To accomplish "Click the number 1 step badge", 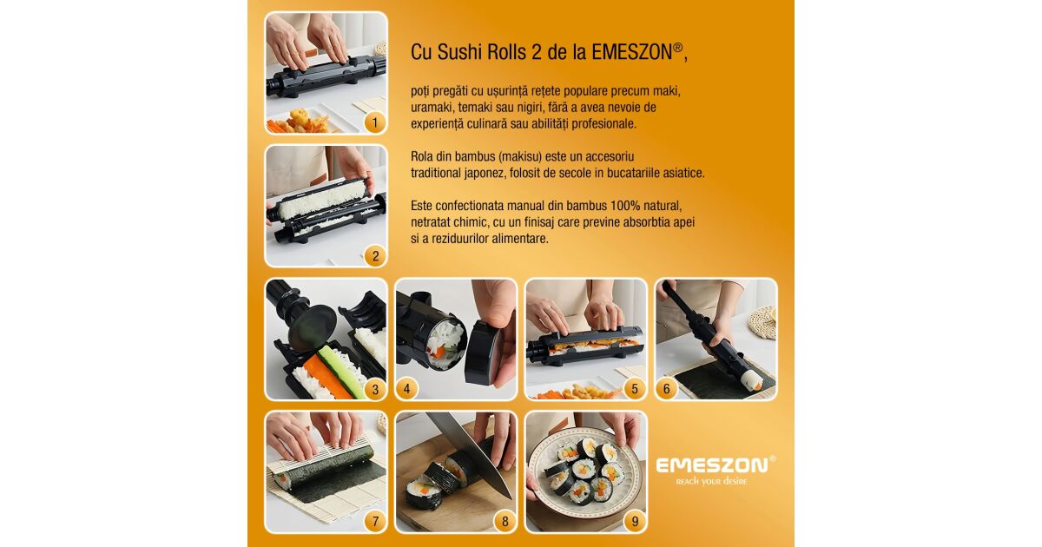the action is tap(375, 122).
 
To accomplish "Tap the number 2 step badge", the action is tap(375, 256).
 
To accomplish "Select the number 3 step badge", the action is tap(375, 389).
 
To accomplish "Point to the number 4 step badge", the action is tap(406, 389).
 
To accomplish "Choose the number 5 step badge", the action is tap(635, 389).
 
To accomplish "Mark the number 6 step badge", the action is tap(667, 389).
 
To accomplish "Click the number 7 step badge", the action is tap(375, 522).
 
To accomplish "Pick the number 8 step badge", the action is tap(505, 522).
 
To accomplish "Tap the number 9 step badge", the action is tap(635, 522).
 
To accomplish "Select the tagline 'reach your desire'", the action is tap(711, 481).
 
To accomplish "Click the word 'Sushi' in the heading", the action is tap(460, 52).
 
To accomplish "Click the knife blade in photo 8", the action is tap(470, 451).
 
